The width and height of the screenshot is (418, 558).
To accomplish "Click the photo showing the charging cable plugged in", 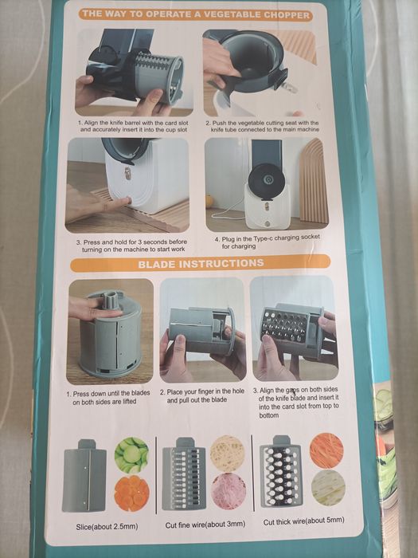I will [x=266, y=185].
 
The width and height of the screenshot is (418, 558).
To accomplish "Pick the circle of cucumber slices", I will [x=131, y=454].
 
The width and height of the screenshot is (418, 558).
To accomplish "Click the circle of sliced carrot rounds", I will [x=131, y=493].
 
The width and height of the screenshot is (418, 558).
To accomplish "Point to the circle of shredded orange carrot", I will [x=327, y=450].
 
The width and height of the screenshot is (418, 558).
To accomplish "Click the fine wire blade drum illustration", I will [x=184, y=475].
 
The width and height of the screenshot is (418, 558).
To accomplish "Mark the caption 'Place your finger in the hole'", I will [x=202, y=396].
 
